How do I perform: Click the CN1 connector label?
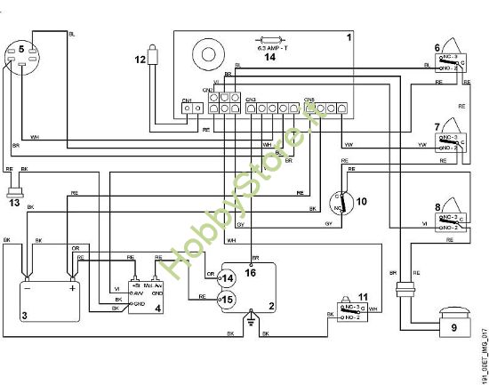pos(188,100)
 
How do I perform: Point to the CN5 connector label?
pos(309,99)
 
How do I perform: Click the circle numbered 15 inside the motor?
pos(227,299)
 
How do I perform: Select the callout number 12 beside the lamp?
pos(140,60)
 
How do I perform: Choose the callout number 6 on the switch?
pos(437,47)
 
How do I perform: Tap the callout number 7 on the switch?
pos(437,124)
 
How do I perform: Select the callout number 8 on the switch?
pos(437,208)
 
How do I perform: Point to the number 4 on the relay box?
pos(158,309)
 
